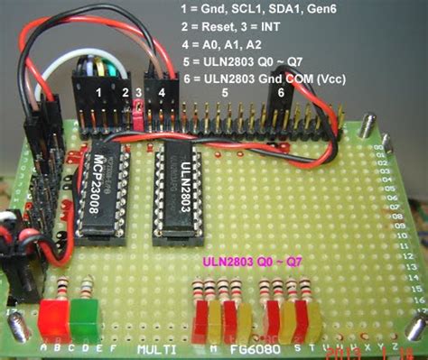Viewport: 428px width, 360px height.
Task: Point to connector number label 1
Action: (x=98, y=91)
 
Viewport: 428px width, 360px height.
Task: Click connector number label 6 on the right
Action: (x=281, y=92)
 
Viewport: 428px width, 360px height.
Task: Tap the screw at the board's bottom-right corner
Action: (x=417, y=326)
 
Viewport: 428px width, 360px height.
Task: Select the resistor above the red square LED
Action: (x=61, y=290)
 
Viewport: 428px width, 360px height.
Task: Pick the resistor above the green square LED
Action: (x=85, y=290)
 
